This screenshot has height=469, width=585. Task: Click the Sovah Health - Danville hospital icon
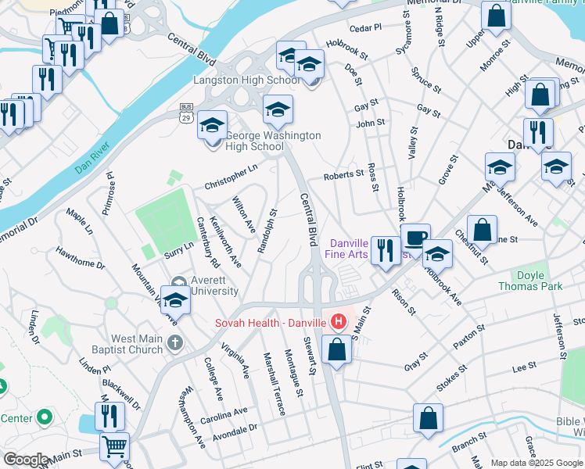tap(339, 321)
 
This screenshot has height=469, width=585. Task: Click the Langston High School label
tap(246, 81)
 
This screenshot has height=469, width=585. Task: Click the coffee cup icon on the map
tap(415, 235)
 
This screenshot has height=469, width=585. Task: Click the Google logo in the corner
tap(26, 460)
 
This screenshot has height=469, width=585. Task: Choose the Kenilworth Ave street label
tap(225, 241)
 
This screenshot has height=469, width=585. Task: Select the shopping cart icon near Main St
tap(114, 446)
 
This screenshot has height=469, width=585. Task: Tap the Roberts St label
tap(344, 175)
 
